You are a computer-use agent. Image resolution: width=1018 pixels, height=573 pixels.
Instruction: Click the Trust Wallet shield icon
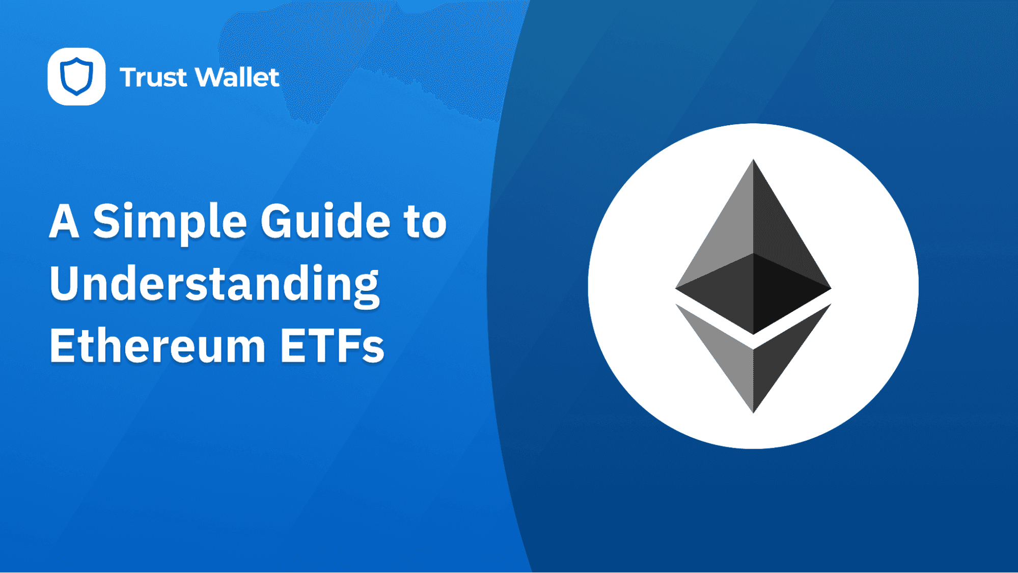tap(76, 76)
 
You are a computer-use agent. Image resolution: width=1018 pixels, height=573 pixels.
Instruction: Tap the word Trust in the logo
tap(153, 77)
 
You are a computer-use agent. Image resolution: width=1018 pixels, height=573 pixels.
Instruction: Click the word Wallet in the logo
tap(237, 77)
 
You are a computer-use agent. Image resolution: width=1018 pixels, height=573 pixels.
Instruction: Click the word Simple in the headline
tap(170, 223)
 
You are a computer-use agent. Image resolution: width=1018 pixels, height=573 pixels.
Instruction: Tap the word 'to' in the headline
tap(425, 223)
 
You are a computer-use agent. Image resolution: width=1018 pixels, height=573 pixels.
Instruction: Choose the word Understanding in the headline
tap(214, 285)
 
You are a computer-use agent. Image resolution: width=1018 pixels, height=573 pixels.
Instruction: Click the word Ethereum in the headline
tap(157, 346)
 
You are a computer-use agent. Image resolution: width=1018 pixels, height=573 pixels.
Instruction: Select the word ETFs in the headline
tap(332, 346)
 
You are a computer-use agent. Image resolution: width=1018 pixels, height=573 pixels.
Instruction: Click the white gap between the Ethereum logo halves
tap(753, 342)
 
